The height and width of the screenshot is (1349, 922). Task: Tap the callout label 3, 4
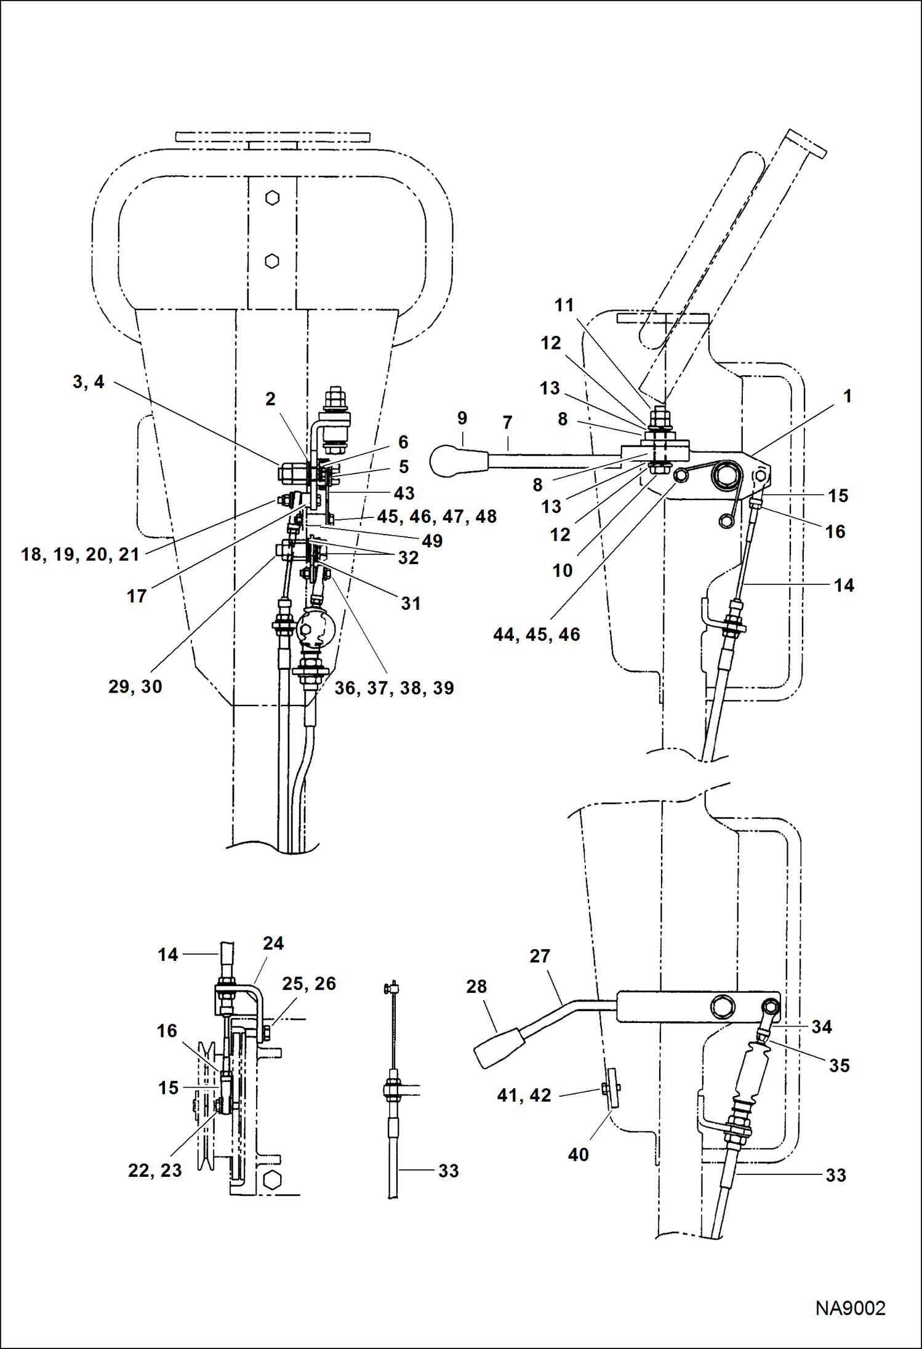pyautogui.click(x=89, y=382)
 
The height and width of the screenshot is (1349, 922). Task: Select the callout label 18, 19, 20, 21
pyautogui.click(x=81, y=554)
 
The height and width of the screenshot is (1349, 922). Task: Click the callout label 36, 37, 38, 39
pyautogui.click(x=394, y=688)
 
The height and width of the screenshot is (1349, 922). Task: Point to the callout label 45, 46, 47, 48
pyautogui.click(x=436, y=516)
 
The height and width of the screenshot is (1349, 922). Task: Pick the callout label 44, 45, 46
pyautogui.click(x=536, y=634)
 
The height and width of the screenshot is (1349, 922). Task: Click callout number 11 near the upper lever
pyautogui.click(x=564, y=305)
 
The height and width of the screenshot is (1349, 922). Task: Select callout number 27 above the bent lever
pyautogui.click(x=539, y=956)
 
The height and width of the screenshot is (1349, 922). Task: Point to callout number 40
pyautogui.click(x=578, y=1154)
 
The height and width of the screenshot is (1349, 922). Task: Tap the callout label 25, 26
pyautogui.click(x=309, y=984)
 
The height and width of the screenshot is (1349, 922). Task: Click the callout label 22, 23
pyautogui.click(x=155, y=1170)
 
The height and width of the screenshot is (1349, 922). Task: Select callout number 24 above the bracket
pyautogui.click(x=273, y=944)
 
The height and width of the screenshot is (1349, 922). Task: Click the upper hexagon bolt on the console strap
pyautogui.click(x=272, y=198)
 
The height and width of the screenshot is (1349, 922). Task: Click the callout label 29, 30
pyautogui.click(x=135, y=686)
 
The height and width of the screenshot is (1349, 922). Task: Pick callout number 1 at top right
pyautogui.click(x=847, y=396)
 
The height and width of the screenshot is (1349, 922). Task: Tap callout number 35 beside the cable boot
pyautogui.click(x=839, y=1065)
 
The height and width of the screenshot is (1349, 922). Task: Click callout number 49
pyautogui.click(x=432, y=541)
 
